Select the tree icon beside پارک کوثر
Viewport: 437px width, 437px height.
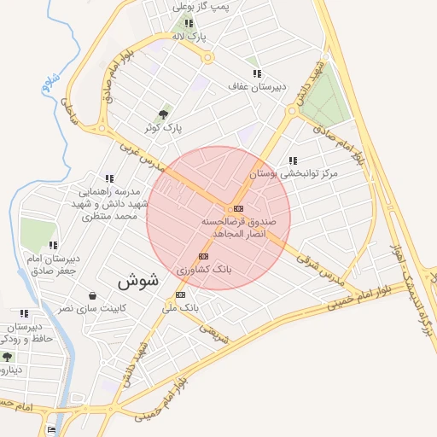point(164,114)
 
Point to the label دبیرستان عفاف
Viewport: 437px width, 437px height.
point(256,86)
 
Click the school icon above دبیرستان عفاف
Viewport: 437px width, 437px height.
point(256,73)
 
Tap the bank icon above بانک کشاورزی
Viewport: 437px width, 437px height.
point(203,256)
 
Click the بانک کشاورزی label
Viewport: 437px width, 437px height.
point(205,269)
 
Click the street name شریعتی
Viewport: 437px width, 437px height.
point(214,333)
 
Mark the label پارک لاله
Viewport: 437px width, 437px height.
point(189,37)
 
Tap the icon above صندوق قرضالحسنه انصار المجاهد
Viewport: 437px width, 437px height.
point(236,208)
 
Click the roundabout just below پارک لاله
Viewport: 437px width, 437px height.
point(207,58)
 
